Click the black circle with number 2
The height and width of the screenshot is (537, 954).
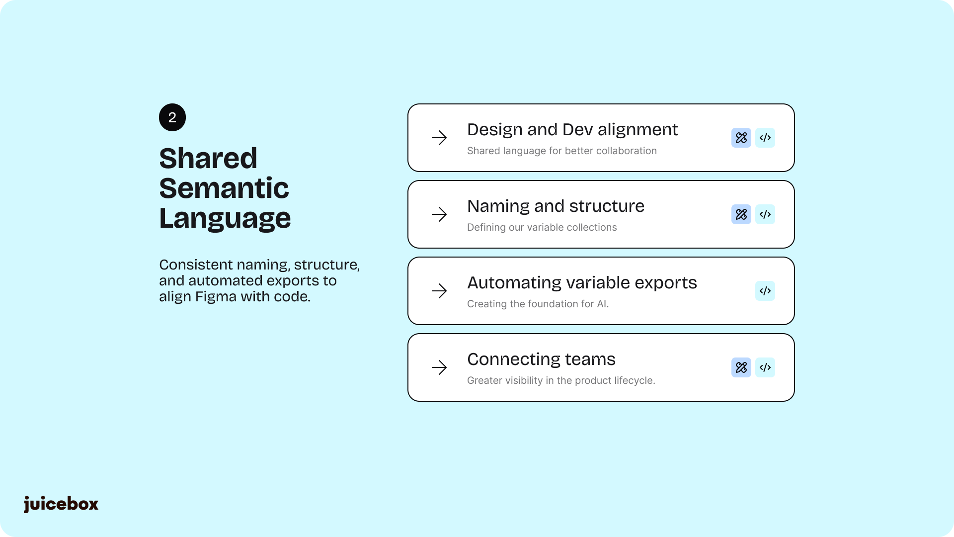tap(172, 117)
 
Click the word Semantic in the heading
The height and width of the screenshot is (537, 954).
tap(224, 188)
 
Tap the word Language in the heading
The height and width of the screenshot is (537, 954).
tap(225, 219)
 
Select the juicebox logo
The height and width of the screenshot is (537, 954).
tap(61, 504)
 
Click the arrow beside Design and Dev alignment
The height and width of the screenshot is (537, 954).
tap(439, 138)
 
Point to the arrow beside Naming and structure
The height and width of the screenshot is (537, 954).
tap(439, 214)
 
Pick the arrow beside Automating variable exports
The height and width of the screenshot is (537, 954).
tap(439, 291)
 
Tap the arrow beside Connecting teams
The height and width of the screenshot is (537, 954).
tap(439, 367)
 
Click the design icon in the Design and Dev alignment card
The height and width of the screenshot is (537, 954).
tap(741, 138)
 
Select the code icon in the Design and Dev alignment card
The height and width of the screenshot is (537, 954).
tap(765, 138)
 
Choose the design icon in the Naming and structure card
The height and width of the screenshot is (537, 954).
tap(741, 214)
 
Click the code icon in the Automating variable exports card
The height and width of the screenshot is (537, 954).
tap(765, 291)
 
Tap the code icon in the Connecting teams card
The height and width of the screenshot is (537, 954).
tap(765, 367)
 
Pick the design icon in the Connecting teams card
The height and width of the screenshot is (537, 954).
tap(741, 367)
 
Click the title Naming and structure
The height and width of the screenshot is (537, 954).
tap(556, 206)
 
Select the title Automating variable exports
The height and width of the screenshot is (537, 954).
tap(582, 283)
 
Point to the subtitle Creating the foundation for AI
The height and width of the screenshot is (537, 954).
tap(538, 304)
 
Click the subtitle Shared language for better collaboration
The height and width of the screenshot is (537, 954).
tap(562, 151)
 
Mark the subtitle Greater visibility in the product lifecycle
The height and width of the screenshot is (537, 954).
tap(561, 380)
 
